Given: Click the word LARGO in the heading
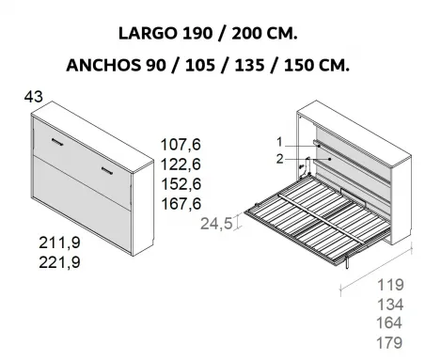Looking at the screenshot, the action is click(x=148, y=33).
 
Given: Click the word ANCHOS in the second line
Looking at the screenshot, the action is click(x=103, y=66).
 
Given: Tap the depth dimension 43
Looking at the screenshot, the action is click(x=33, y=97).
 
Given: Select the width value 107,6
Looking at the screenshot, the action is click(x=181, y=145).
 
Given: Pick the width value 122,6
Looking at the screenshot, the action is click(x=181, y=164).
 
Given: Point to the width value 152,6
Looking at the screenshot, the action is click(x=181, y=184).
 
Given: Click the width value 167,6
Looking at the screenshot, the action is click(x=181, y=204).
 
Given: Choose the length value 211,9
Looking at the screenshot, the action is click(x=59, y=243).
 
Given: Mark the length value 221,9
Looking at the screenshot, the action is click(x=59, y=262).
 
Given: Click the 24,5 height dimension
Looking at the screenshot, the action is click(x=216, y=224).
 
